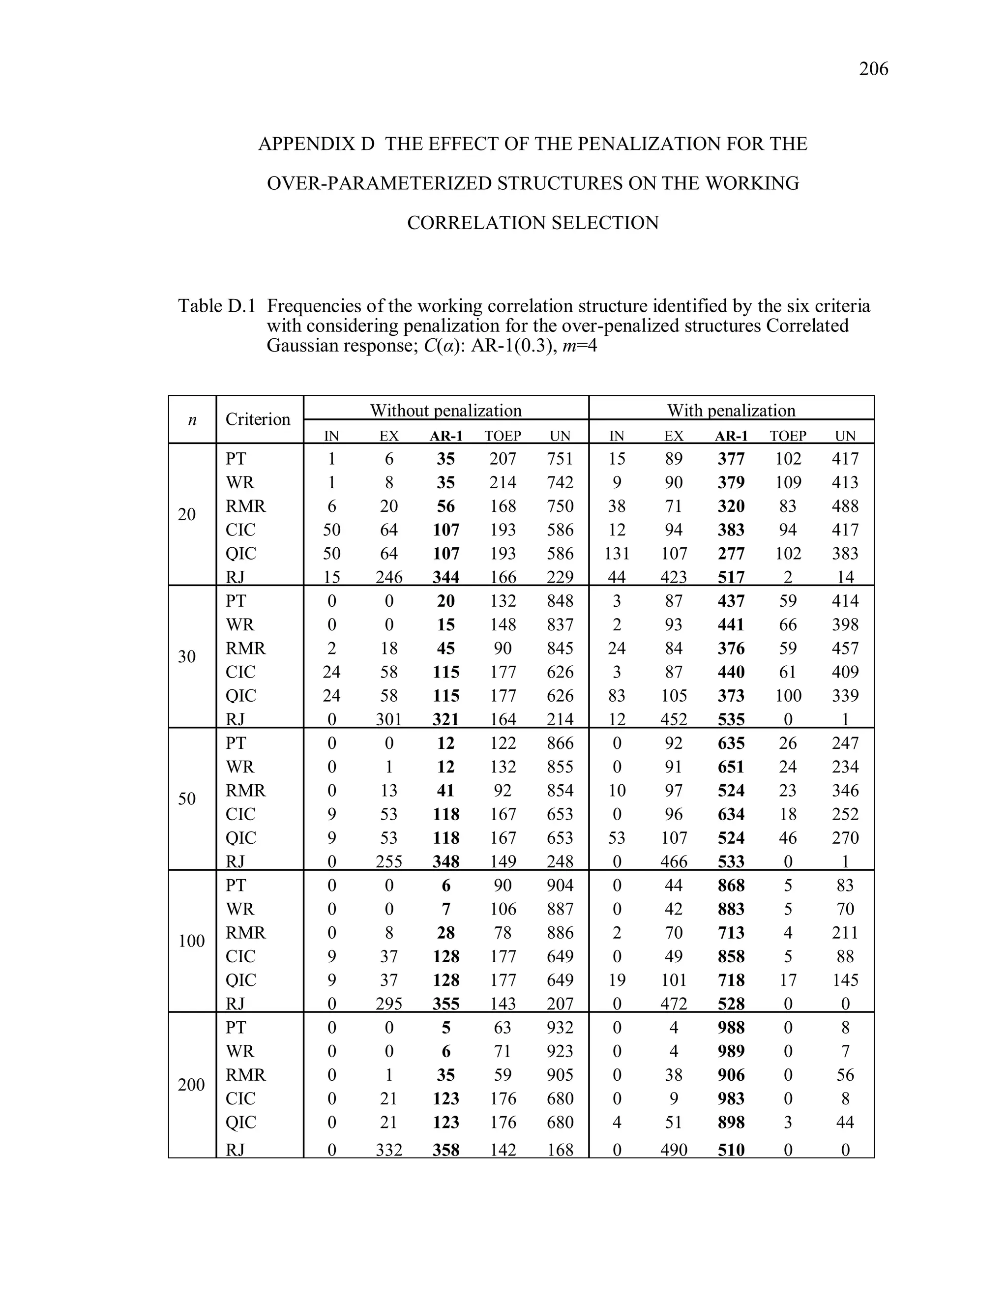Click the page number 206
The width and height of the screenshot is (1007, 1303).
[873, 69]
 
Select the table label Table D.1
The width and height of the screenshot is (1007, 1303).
[216, 306]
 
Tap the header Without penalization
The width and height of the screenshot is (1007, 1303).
[445, 411]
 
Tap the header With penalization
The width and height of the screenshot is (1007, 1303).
[731, 411]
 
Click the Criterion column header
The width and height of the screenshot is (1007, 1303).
[258, 419]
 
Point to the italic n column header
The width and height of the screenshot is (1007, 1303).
[192, 420]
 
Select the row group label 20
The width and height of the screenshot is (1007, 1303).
[187, 514]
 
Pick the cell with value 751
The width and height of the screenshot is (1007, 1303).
[560, 459]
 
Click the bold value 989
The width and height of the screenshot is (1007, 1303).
[731, 1051]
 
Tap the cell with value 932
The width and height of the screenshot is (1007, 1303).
[560, 1027]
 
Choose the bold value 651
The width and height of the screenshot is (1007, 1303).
[731, 767]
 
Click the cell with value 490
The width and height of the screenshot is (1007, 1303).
[674, 1150]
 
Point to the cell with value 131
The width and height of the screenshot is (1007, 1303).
[617, 554]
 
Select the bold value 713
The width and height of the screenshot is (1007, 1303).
[731, 932]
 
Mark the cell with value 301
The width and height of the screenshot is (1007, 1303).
[388, 719]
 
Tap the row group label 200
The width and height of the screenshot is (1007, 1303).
[191, 1085]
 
